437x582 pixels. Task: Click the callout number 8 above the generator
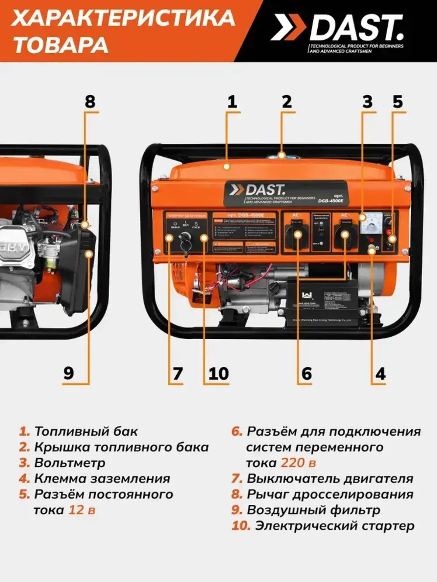pyautogui.click(x=90, y=101)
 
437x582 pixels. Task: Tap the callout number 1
pyautogui.click(x=232, y=101)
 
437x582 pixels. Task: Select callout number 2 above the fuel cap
pyautogui.click(x=286, y=101)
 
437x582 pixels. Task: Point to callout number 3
pyautogui.click(x=368, y=101)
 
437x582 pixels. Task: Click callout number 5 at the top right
pyautogui.click(x=397, y=101)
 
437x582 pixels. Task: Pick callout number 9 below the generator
pyautogui.click(x=69, y=373)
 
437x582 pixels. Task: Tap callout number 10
pyautogui.click(x=218, y=374)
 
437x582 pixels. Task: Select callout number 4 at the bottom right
pyautogui.click(x=381, y=374)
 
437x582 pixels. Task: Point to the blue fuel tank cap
pyautogui.click(x=282, y=155)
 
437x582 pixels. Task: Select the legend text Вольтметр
pyautogui.click(x=69, y=463)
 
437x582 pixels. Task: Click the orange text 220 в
pyautogui.click(x=298, y=463)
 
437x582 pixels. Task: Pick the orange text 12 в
pyautogui.click(x=82, y=510)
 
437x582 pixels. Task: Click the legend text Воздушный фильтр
pyautogui.click(x=313, y=510)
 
